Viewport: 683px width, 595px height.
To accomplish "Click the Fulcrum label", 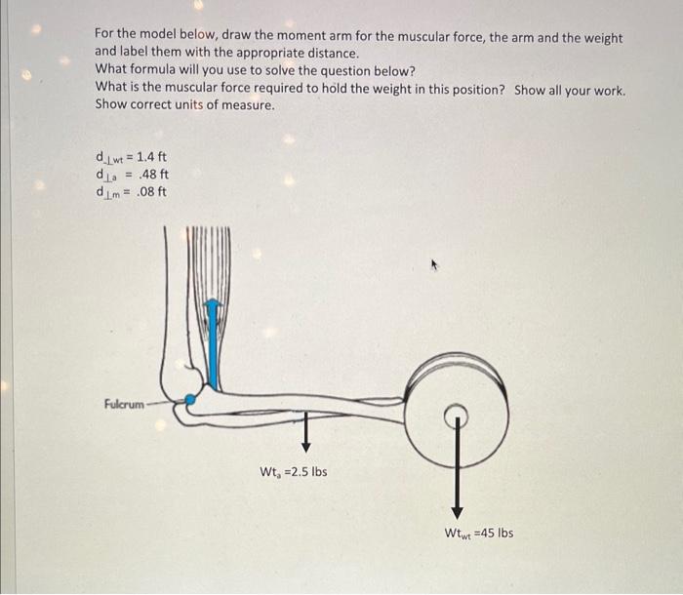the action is coord(123,404).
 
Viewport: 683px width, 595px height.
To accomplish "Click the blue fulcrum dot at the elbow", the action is coord(191,398).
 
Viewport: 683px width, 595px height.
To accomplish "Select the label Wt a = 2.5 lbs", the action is coord(293,472).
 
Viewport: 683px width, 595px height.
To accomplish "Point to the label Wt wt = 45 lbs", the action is coord(478,533).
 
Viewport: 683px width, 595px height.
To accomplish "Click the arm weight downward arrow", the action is coord(305,429).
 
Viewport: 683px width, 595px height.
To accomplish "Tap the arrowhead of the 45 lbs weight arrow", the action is coord(455,513).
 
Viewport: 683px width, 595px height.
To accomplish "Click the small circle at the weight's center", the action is coord(455,416).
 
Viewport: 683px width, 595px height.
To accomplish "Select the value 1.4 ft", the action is coord(152,156).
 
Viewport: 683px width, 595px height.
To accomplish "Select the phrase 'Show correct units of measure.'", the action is coord(184,104).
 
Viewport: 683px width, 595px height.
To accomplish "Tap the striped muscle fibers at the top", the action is coord(210,258).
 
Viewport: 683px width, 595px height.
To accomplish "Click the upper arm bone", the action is coord(177,302).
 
